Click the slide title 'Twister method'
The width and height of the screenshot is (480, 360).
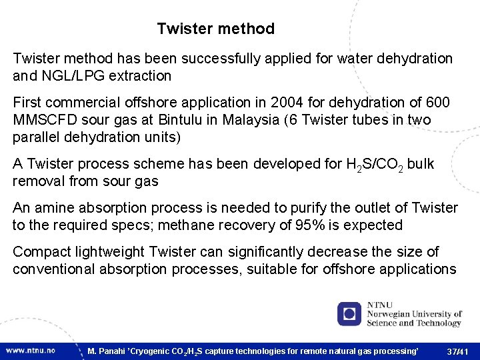[x=215, y=29]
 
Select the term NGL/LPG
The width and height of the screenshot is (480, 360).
[x=71, y=76]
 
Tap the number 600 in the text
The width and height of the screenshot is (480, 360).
[x=437, y=103]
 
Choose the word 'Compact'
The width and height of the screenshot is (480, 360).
[x=39, y=252]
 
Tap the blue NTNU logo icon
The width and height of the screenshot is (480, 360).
[x=349, y=313]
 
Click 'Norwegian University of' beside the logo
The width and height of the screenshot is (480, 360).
[x=414, y=314]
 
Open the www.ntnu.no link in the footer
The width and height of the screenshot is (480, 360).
[x=31, y=350]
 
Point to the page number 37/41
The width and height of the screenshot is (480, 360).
[x=458, y=351]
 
